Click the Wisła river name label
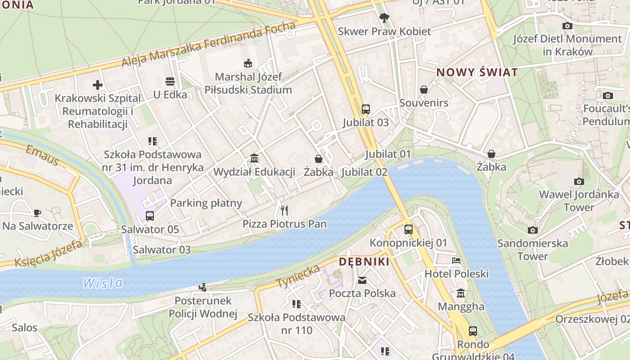tap(103, 283)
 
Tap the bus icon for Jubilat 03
tap(365, 109)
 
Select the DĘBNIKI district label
tap(364, 262)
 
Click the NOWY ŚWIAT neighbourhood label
tap(477, 72)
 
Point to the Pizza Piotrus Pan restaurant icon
tap(284, 210)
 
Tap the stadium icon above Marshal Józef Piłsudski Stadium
tap(247, 63)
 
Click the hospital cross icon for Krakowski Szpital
tap(98, 85)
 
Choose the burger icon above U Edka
tap(170, 81)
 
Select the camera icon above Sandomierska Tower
tap(532, 230)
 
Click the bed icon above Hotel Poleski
tap(456, 261)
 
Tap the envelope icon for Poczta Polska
tap(362, 280)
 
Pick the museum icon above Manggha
tap(461, 294)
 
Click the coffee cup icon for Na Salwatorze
tap(37, 212)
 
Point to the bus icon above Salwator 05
tap(150, 216)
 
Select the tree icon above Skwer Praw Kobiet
tap(384, 18)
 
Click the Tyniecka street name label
tap(298, 276)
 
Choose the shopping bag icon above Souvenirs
tap(423, 90)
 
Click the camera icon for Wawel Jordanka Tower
tap(579, 181)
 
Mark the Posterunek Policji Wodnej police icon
tap(203, 287)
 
